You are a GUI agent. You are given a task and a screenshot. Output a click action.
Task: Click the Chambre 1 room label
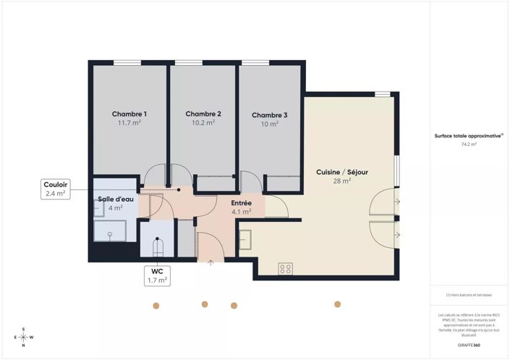click(x=129, y=114)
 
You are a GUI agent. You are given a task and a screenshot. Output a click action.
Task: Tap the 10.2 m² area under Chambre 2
click(x=203, y=123)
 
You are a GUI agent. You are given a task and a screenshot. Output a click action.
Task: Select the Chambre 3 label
click(x=270, y=115)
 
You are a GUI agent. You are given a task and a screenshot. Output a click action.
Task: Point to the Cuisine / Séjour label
click(x=342, y=172)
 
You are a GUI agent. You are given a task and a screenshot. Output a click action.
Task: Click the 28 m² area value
click(x=342, y=181)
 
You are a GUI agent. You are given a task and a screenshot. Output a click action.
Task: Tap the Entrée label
click(x=241, y=203)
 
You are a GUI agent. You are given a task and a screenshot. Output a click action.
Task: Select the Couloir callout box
click(x=56, y=189)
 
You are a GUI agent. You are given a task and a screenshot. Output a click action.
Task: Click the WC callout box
click(x=156, y=275)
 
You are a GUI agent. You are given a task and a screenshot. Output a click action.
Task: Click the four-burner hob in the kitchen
click(x=286, y=268)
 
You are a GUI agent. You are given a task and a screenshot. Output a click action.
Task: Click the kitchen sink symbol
click(x=245, y=239)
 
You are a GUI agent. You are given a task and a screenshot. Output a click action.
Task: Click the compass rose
click(x=23, y=337)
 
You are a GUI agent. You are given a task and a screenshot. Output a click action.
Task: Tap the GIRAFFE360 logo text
click(x=469, y=346)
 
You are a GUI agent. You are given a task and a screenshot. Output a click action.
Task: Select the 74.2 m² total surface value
click(x=469, y=145)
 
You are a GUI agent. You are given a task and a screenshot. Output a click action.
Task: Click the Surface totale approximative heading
click(x=468, y=135)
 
